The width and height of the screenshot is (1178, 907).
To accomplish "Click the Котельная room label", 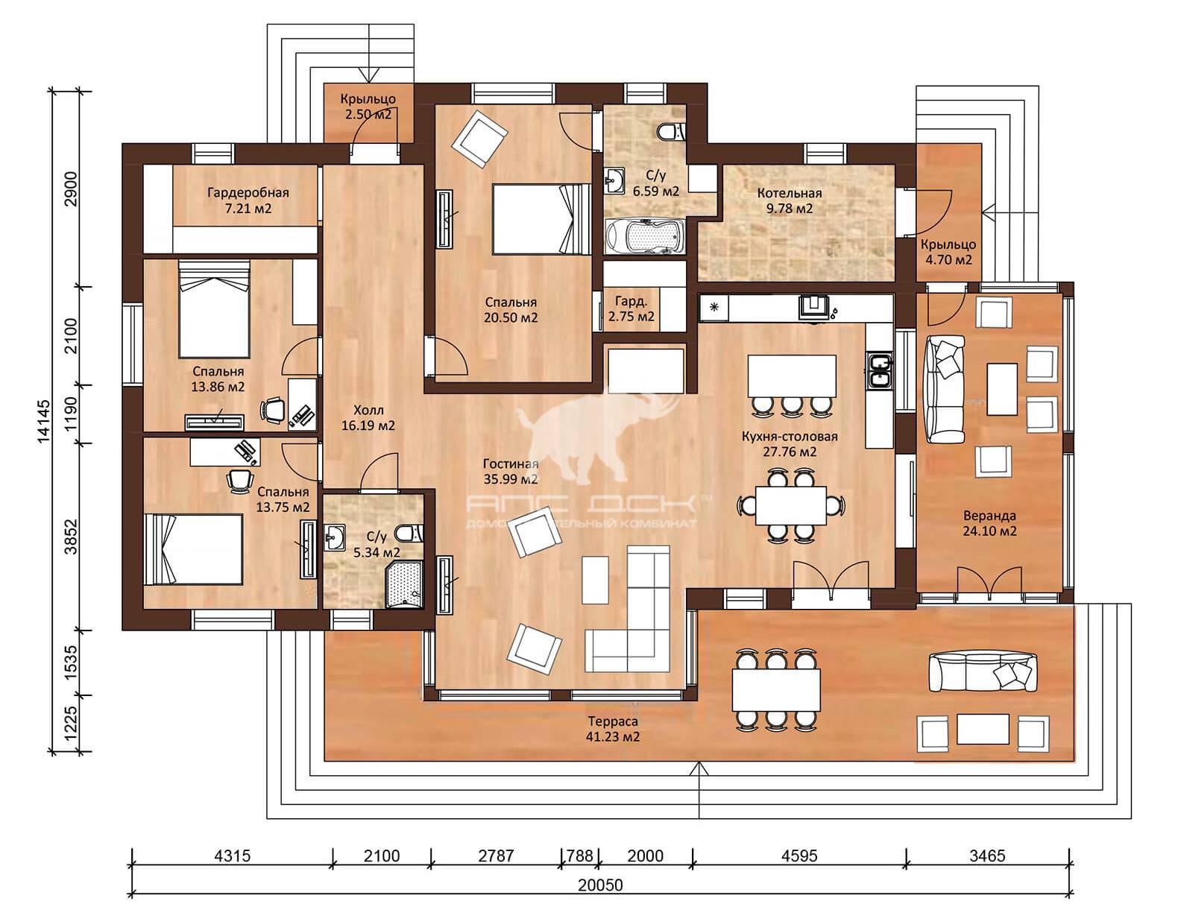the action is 789,193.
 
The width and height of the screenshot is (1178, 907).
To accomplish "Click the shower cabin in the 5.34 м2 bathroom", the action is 404,585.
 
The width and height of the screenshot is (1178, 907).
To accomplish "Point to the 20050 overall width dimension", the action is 600,885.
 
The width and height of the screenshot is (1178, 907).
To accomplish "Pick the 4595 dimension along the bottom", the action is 799,856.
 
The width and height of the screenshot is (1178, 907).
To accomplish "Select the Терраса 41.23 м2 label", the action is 613,729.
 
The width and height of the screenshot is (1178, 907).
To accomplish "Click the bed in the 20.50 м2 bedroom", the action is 541,219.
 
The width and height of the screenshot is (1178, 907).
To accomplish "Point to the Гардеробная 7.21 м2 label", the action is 248,200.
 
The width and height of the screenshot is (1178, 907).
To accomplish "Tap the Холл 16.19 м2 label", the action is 368,418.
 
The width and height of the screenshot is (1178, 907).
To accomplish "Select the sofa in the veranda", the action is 945,389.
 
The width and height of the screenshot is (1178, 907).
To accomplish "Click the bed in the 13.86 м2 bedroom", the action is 214,309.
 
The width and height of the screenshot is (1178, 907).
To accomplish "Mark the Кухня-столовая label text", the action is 790,436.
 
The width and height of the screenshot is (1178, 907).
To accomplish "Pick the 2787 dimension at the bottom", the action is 496,856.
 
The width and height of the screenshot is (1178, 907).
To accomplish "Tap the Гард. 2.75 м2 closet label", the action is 631,309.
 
